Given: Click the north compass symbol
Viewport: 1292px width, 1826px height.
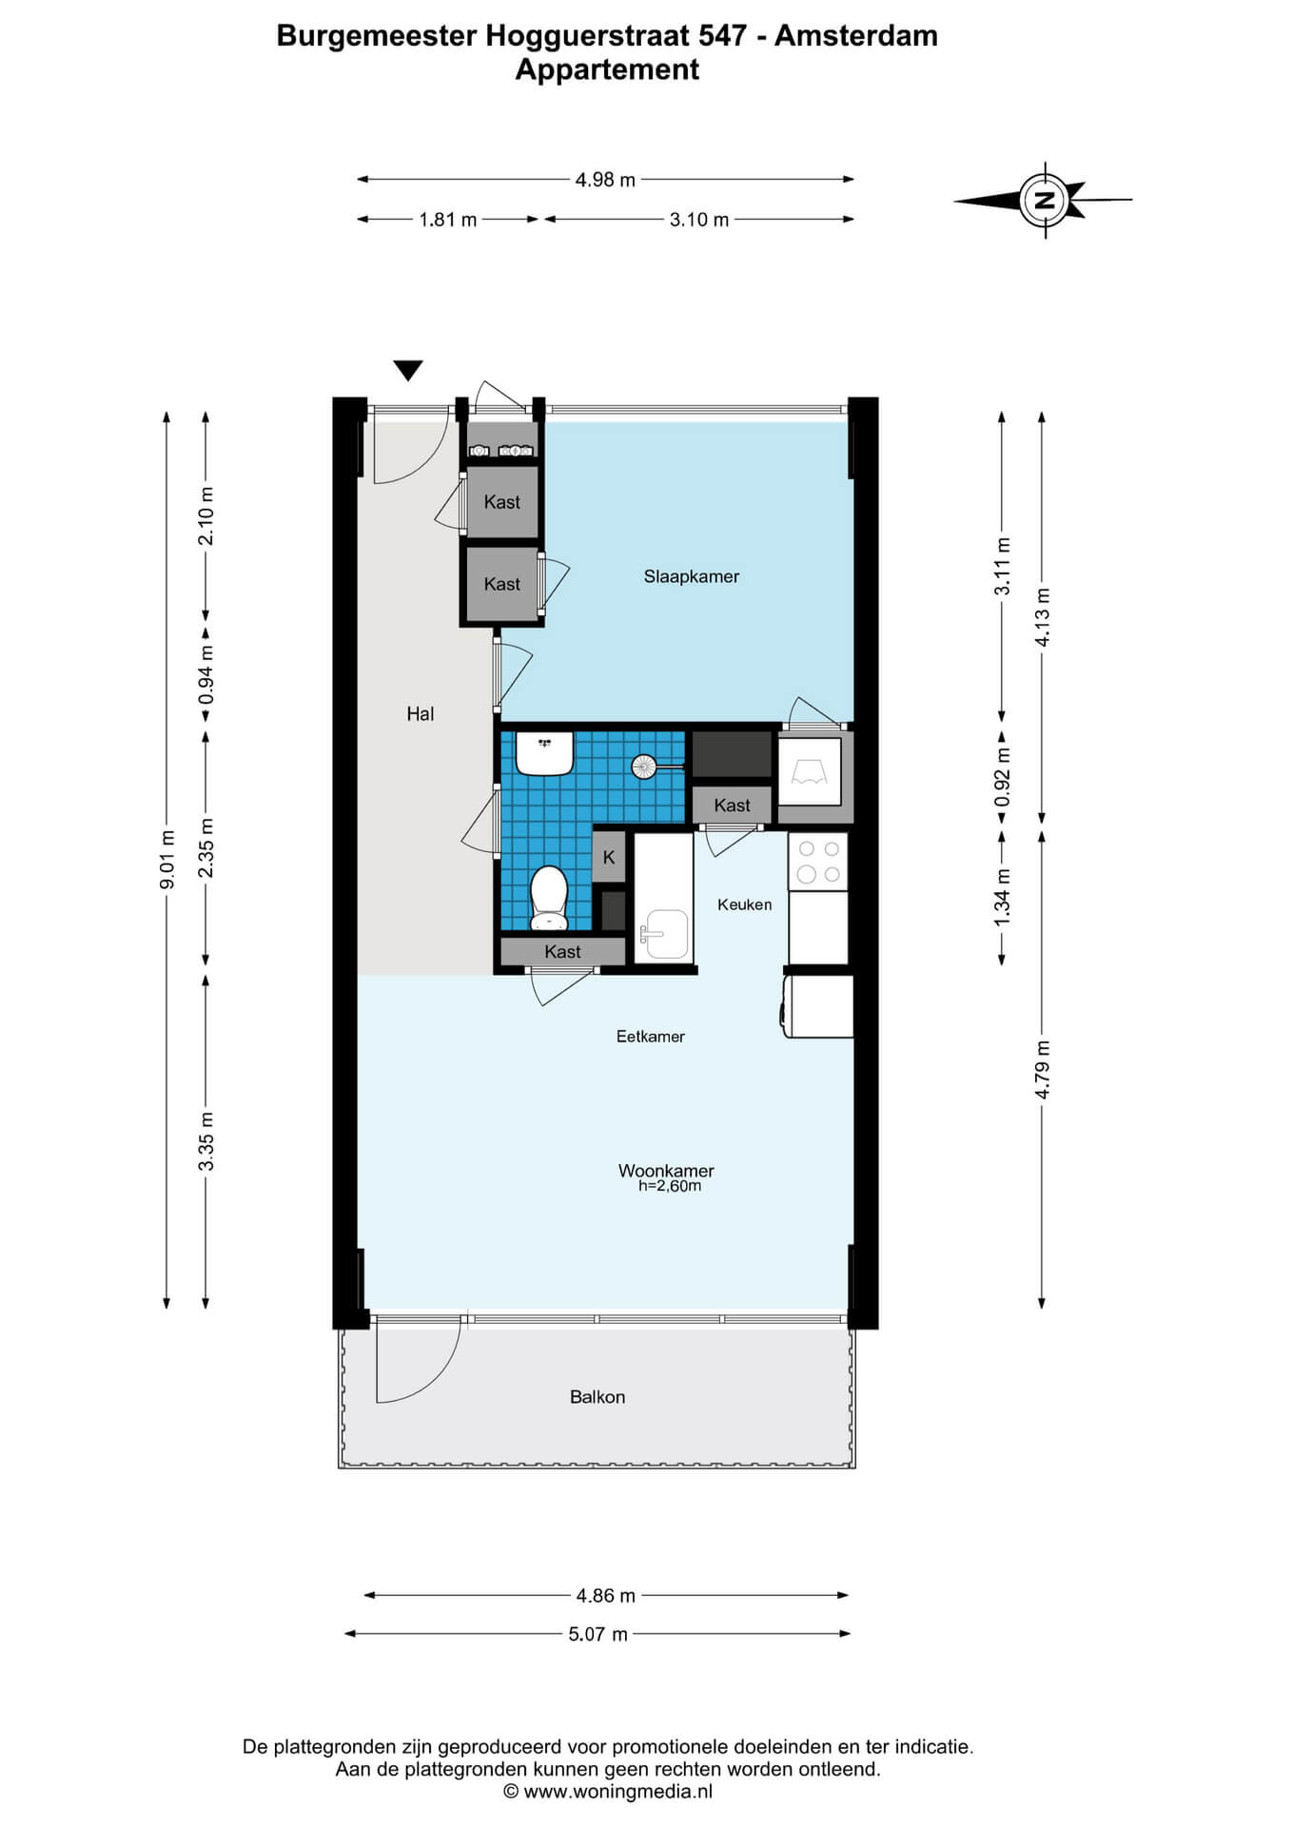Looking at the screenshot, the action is pos(1045,200).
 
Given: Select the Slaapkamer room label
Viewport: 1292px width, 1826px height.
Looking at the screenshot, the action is pos(692,576).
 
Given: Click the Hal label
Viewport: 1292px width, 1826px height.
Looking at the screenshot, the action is pos(421,713).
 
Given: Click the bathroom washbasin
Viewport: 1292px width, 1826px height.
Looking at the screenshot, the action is pos(544,752).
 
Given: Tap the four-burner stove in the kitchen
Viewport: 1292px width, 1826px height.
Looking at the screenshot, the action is pos(818,862).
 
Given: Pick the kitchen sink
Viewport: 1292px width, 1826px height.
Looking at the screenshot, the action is pos(664,933).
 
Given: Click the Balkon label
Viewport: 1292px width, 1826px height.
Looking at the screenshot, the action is pos(597,1397).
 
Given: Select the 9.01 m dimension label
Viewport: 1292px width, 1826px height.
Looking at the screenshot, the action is pos(166,860).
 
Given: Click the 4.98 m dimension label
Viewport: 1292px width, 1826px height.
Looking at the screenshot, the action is pos(605,180).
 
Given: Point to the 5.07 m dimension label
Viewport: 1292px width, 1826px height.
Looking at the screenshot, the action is pos(598,1634).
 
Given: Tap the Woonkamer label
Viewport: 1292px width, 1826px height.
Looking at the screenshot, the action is pos(666,1171).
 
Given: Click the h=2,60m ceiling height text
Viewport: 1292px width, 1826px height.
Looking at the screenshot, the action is pos(670,1186).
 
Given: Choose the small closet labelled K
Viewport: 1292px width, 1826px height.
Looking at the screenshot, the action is pos(609,857).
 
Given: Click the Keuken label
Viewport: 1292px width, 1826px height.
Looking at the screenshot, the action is pos(745,904).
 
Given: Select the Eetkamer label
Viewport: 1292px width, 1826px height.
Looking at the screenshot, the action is pos(651,1037).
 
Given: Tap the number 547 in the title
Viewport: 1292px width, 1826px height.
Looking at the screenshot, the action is pos(722,35).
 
